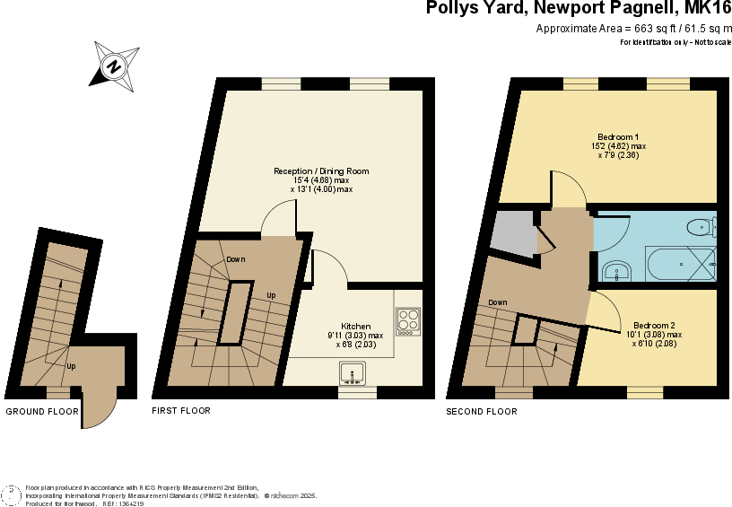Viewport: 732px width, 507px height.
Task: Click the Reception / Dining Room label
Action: point(321,170)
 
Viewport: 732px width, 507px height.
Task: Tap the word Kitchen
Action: point(355,326)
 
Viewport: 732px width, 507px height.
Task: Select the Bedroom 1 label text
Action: point(618,136)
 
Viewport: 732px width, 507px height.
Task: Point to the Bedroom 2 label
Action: point(654,325)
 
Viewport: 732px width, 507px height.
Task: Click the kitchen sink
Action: point(352,372)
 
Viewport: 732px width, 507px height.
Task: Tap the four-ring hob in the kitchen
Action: point(408,320)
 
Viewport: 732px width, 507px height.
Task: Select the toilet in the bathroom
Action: point(701,225)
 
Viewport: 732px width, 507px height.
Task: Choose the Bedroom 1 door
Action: point(567,188)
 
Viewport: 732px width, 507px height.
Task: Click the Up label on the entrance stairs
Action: point(71,366)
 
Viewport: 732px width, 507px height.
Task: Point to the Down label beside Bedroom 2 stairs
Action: point(498,302)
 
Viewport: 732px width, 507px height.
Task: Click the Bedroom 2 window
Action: point(645,392)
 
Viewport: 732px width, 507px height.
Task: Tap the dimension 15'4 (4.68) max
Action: point(321,180)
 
